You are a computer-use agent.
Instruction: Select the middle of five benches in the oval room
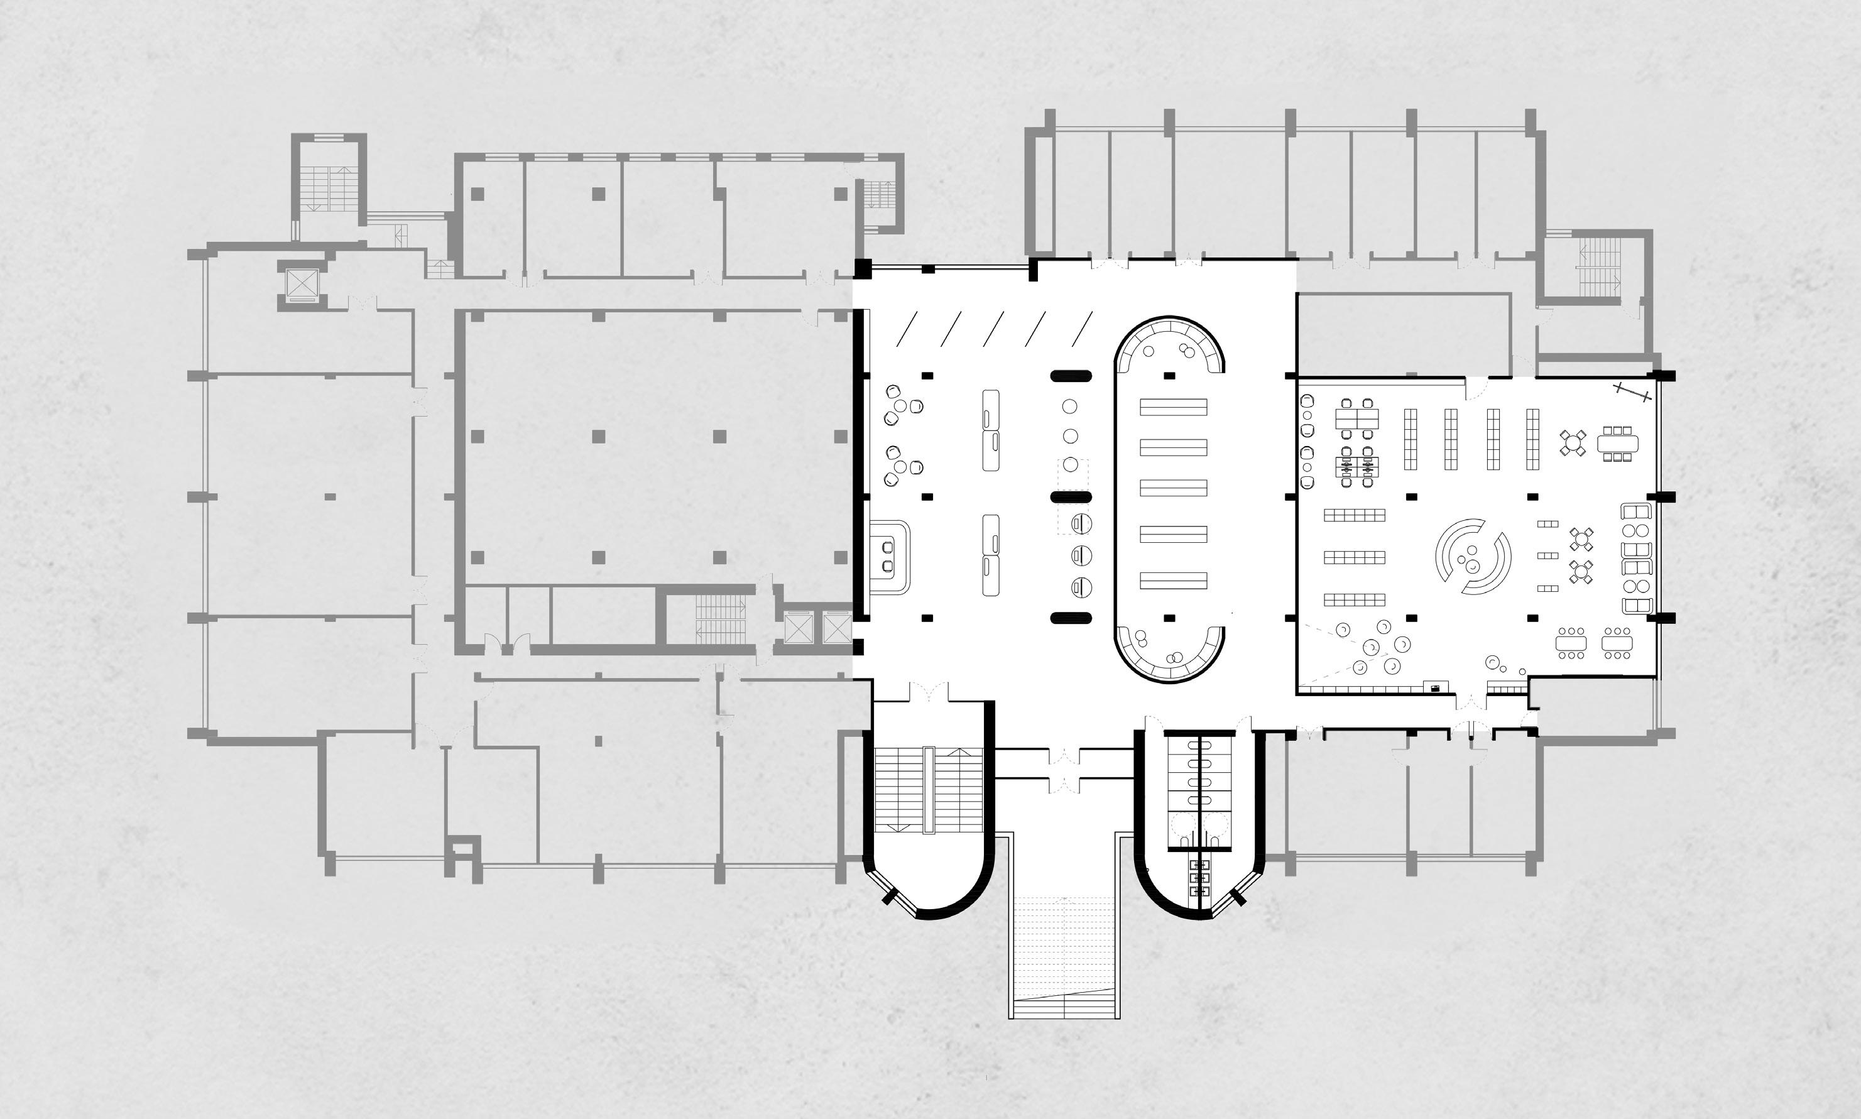click(x=1173, y=488)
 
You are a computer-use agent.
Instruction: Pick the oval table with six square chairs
click(x=1617, y=442)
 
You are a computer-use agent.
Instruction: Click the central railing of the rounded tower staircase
click(x=929, y=790)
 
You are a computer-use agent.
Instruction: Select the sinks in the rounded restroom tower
click(x=1199, y=878)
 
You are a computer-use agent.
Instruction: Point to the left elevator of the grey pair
click(x=798, y=628)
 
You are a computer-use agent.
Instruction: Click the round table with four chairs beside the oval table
click(x=1573, y=442)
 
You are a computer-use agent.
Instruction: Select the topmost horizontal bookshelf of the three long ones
click(x=1354, y=515)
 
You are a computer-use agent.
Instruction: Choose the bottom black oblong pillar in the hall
click(x=1071, y=618)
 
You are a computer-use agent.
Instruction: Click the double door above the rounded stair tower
click(x=929, y=692)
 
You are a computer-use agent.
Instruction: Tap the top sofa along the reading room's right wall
click(x=1636, y=513)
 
